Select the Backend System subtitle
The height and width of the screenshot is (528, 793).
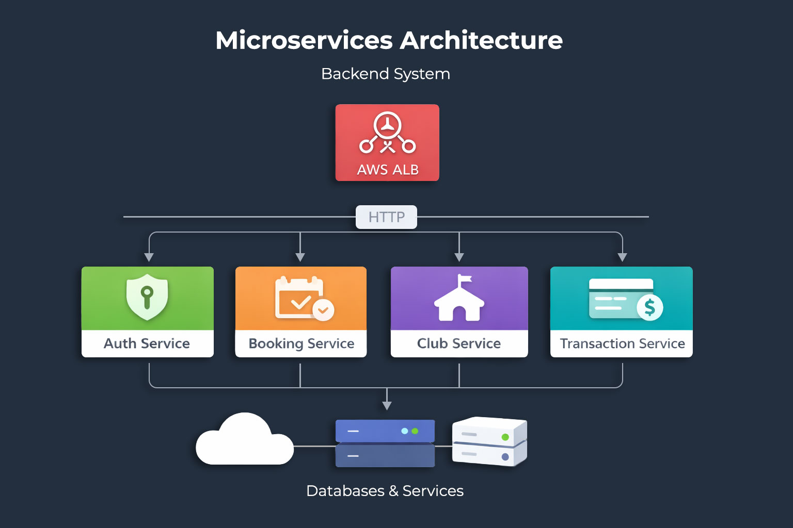coord(385,74)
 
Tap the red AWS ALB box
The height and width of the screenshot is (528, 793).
coord(387,143)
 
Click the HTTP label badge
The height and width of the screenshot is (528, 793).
coord(386,217)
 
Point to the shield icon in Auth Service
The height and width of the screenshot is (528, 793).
coord(147,297)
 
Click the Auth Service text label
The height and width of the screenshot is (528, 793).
coord(147,343)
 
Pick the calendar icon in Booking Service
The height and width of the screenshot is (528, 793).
coord(299,298)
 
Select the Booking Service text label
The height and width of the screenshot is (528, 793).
coord(301,343)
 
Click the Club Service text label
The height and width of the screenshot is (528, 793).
coord(459,343)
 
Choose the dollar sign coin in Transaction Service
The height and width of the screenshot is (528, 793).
coord(649,307)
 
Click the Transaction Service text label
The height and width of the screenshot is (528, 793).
coord(622,343)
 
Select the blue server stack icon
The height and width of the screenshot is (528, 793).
coord(385,443)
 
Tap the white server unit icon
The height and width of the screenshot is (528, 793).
coord(489,441)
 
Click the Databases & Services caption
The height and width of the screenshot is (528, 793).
coord(385,491)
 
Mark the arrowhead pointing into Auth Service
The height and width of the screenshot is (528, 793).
coord(149,257)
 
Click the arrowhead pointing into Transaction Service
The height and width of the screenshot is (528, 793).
coord(622,257)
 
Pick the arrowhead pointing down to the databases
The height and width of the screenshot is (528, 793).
coord(387,406)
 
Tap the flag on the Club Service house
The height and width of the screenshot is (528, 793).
coord(465,279)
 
